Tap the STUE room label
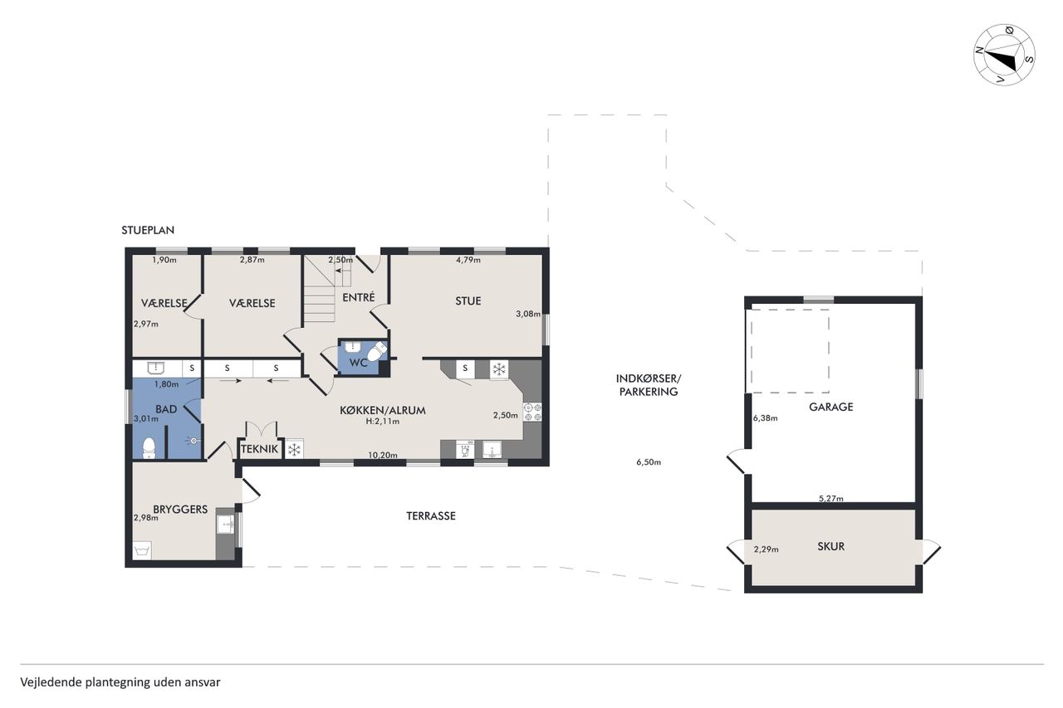pos(468,301)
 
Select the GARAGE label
pos(831,407)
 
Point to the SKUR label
pos(831,546)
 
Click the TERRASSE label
pos(431,516)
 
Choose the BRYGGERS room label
pos(180,510)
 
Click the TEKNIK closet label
pos(260,449)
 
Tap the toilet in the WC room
pos(378,351)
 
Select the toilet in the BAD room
pos(149,448)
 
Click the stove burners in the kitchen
pos(532,412)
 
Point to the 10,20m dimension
pos(383,455)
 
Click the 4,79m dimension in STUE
pos(468,260)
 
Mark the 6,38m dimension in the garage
pos(765,418)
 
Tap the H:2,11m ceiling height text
pos(383,421)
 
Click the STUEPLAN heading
pos(148,231)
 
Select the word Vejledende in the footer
pos(51,682)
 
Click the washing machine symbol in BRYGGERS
pos(142,550)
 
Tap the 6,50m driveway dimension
pos(649,461)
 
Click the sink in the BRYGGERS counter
pos(225,525)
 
